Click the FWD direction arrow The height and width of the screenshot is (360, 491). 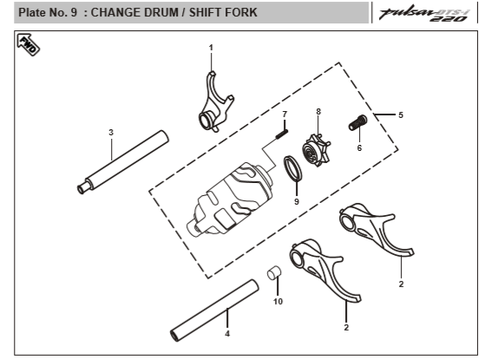(28, 44)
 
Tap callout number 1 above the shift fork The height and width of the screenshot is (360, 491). (211, 48)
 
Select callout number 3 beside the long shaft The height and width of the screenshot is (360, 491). (111, 133)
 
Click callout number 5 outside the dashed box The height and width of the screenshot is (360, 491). (401, 115)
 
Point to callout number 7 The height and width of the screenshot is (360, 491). (285, 115)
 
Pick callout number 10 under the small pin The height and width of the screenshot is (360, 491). (278, 302)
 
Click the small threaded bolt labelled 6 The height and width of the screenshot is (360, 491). (358, 122)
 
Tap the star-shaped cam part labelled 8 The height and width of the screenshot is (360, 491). (316, 151)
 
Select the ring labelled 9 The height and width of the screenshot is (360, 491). (293, 168)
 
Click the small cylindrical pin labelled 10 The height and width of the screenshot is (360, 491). (273, 272)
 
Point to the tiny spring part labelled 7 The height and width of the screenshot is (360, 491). (282, 134)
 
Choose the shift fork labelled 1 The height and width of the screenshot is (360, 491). (216, 102)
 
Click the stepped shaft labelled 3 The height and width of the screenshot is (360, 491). (123, 162)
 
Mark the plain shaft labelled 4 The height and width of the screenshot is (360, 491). (214, 311)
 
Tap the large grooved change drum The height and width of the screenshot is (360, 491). (230, 200)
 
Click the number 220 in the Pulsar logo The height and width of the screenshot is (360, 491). (448, 19)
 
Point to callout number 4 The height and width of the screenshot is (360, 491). (227, 334)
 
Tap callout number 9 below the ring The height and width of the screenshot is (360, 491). (297, 201)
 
